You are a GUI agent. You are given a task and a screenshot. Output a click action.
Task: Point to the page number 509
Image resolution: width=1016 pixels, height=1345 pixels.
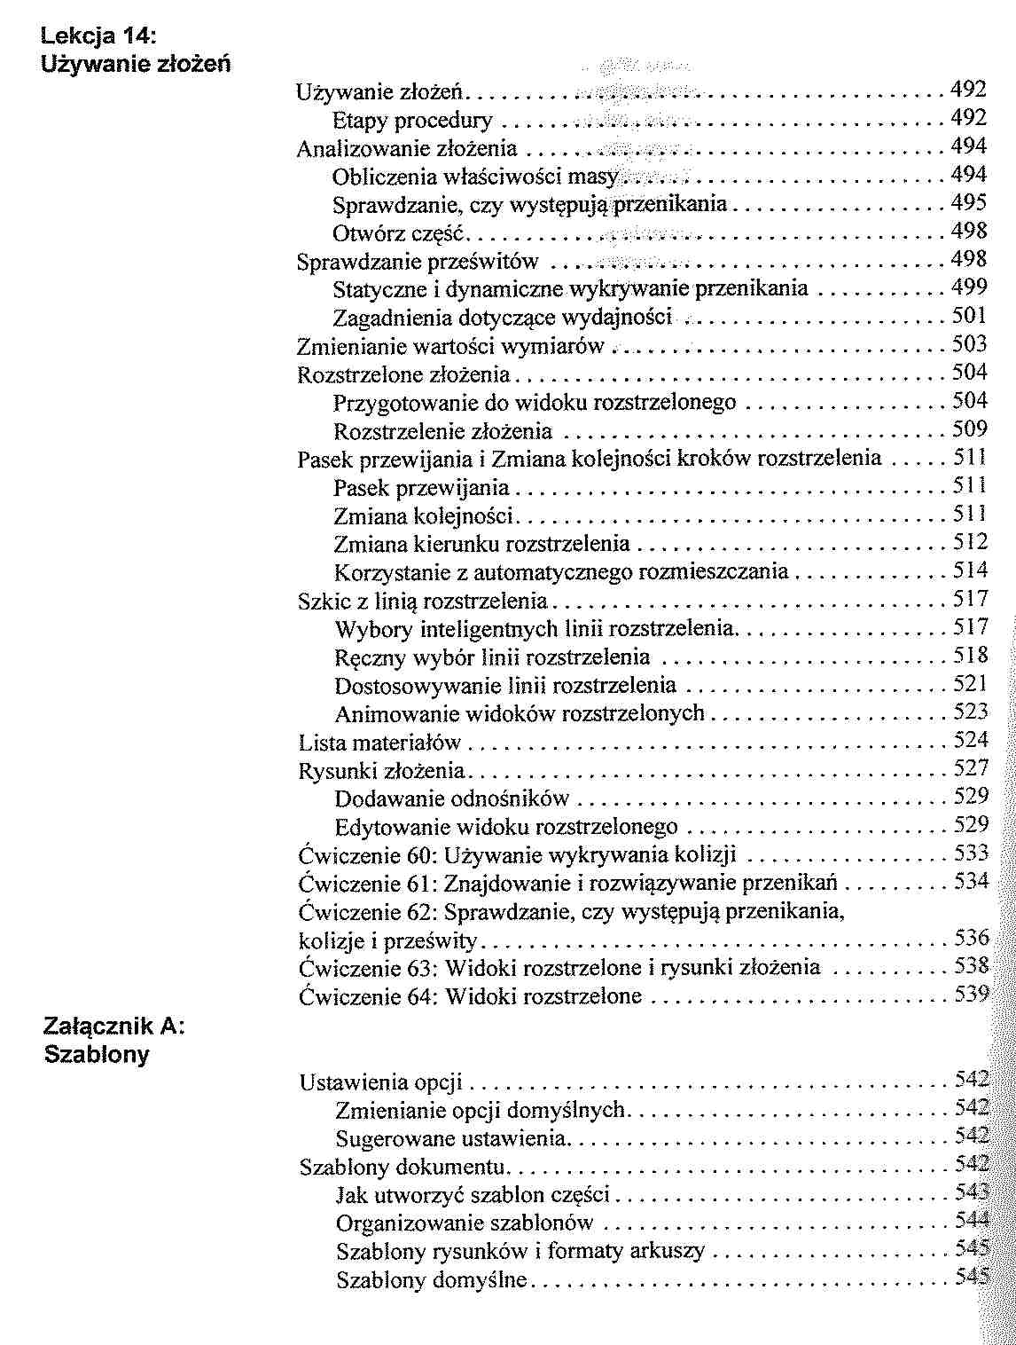[x=970, y=430]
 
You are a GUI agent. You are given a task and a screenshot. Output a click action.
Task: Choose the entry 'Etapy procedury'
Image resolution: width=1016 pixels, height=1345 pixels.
[x=412, y=119]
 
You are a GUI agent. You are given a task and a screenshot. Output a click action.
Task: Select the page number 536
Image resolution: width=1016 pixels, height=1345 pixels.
[x=971, y=939]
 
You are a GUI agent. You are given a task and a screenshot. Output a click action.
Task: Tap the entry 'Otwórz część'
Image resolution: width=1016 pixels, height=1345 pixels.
[x=399, y=232]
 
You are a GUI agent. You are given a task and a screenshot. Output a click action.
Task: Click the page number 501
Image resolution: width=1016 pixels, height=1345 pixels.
[x=969, y=316]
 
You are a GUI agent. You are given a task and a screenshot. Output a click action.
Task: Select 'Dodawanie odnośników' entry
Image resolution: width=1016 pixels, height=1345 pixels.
[x=452, y=798]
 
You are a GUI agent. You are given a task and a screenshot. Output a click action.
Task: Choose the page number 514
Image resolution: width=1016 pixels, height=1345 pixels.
[x=970, y=570]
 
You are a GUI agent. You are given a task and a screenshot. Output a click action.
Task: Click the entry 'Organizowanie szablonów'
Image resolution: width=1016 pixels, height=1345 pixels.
[x=464, y=1223]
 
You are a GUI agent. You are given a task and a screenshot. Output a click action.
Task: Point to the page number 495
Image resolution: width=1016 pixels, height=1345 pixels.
[x=969, y=203]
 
